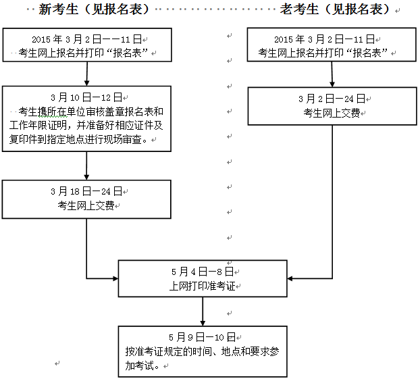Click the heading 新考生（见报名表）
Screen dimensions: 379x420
(93, 9)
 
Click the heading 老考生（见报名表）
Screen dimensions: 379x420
(336, 9)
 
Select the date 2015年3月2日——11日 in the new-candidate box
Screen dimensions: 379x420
(86, 40)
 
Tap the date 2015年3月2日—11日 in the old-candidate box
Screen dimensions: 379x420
(332, 40)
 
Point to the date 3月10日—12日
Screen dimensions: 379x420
(86, 97)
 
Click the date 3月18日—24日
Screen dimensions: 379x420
(86, 191)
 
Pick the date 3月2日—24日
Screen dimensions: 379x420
(332, 99)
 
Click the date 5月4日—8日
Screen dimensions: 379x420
(202, 272)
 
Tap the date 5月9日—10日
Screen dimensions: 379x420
(202, 336)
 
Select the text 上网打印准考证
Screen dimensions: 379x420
(202, 286)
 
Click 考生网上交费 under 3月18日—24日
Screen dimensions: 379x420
(86, 205)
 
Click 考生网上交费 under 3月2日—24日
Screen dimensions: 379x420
(332, 113)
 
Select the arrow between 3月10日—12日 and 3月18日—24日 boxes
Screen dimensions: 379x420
(87, 166)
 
